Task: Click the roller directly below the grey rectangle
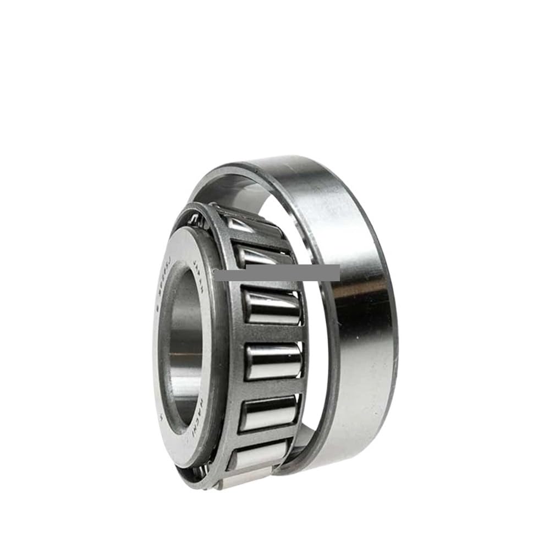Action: [x=272, y=308]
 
